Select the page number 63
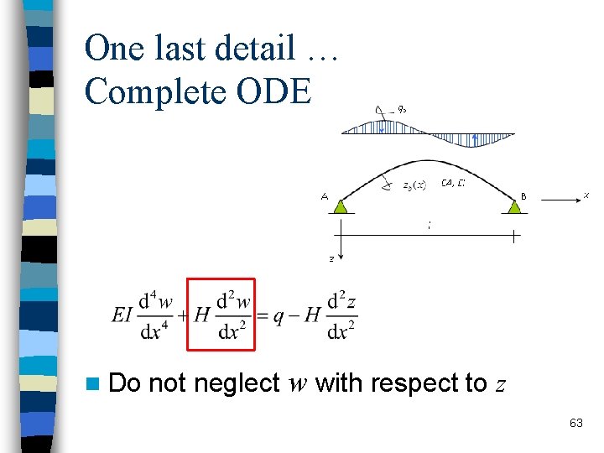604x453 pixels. click(575, 423)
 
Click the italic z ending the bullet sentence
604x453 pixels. click(501, 384)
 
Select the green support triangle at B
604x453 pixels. click(513, 205)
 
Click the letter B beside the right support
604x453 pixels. click(523, 196)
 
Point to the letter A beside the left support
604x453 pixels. click(325, 197)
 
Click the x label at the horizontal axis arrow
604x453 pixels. click(586, 195)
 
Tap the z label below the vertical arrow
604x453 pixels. click(331, 259)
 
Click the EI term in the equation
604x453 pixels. click(122, 315)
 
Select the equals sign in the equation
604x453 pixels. click(263, 315)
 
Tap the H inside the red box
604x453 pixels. click(201, 315)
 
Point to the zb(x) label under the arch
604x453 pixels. click(414, 185)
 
